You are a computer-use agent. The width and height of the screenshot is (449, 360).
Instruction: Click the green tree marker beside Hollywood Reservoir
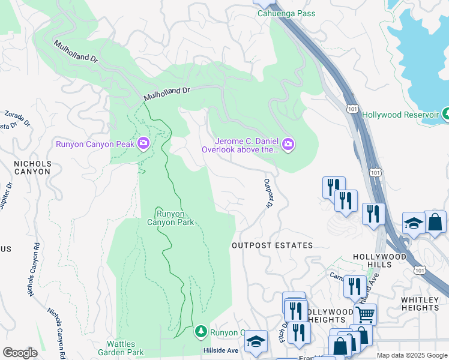445,113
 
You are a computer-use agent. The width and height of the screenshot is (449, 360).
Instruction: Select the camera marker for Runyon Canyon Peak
143,143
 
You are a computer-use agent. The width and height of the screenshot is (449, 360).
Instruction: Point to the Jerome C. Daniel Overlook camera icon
288,143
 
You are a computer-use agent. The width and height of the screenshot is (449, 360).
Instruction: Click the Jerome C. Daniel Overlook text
240,146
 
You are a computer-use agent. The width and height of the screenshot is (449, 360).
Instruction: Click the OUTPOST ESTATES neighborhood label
273,245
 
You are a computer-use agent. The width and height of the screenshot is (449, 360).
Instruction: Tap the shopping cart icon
365,313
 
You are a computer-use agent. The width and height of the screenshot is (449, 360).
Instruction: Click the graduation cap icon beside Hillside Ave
256,341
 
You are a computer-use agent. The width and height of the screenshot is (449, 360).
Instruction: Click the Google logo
20,353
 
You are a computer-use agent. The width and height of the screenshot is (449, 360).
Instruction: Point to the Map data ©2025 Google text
411,355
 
